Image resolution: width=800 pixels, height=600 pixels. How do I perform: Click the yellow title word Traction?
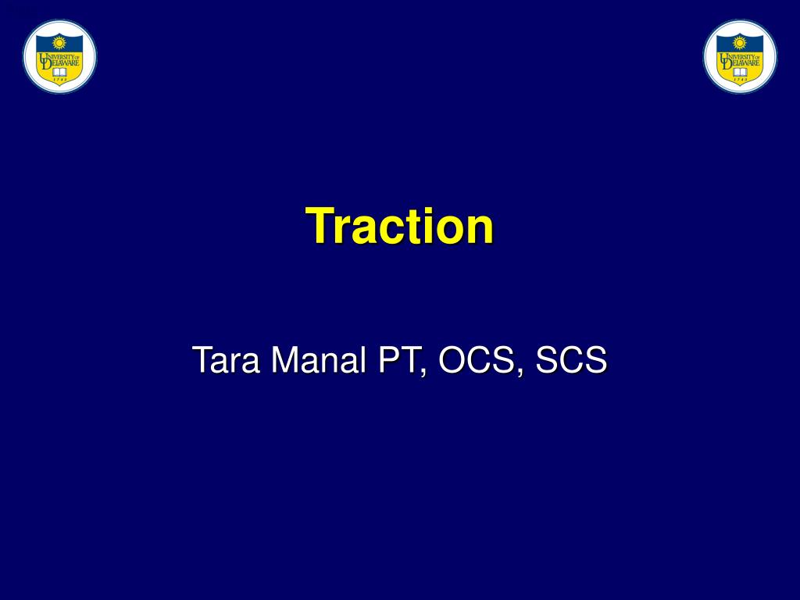[x=399, y=227]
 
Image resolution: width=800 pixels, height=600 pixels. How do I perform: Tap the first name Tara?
[x=220, y=361]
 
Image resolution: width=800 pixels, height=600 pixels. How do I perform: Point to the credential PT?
[x=399, y=361]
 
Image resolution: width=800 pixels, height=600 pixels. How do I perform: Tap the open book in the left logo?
[x=59, y=72]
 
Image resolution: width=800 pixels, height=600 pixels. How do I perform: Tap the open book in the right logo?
[x=740, y=72]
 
